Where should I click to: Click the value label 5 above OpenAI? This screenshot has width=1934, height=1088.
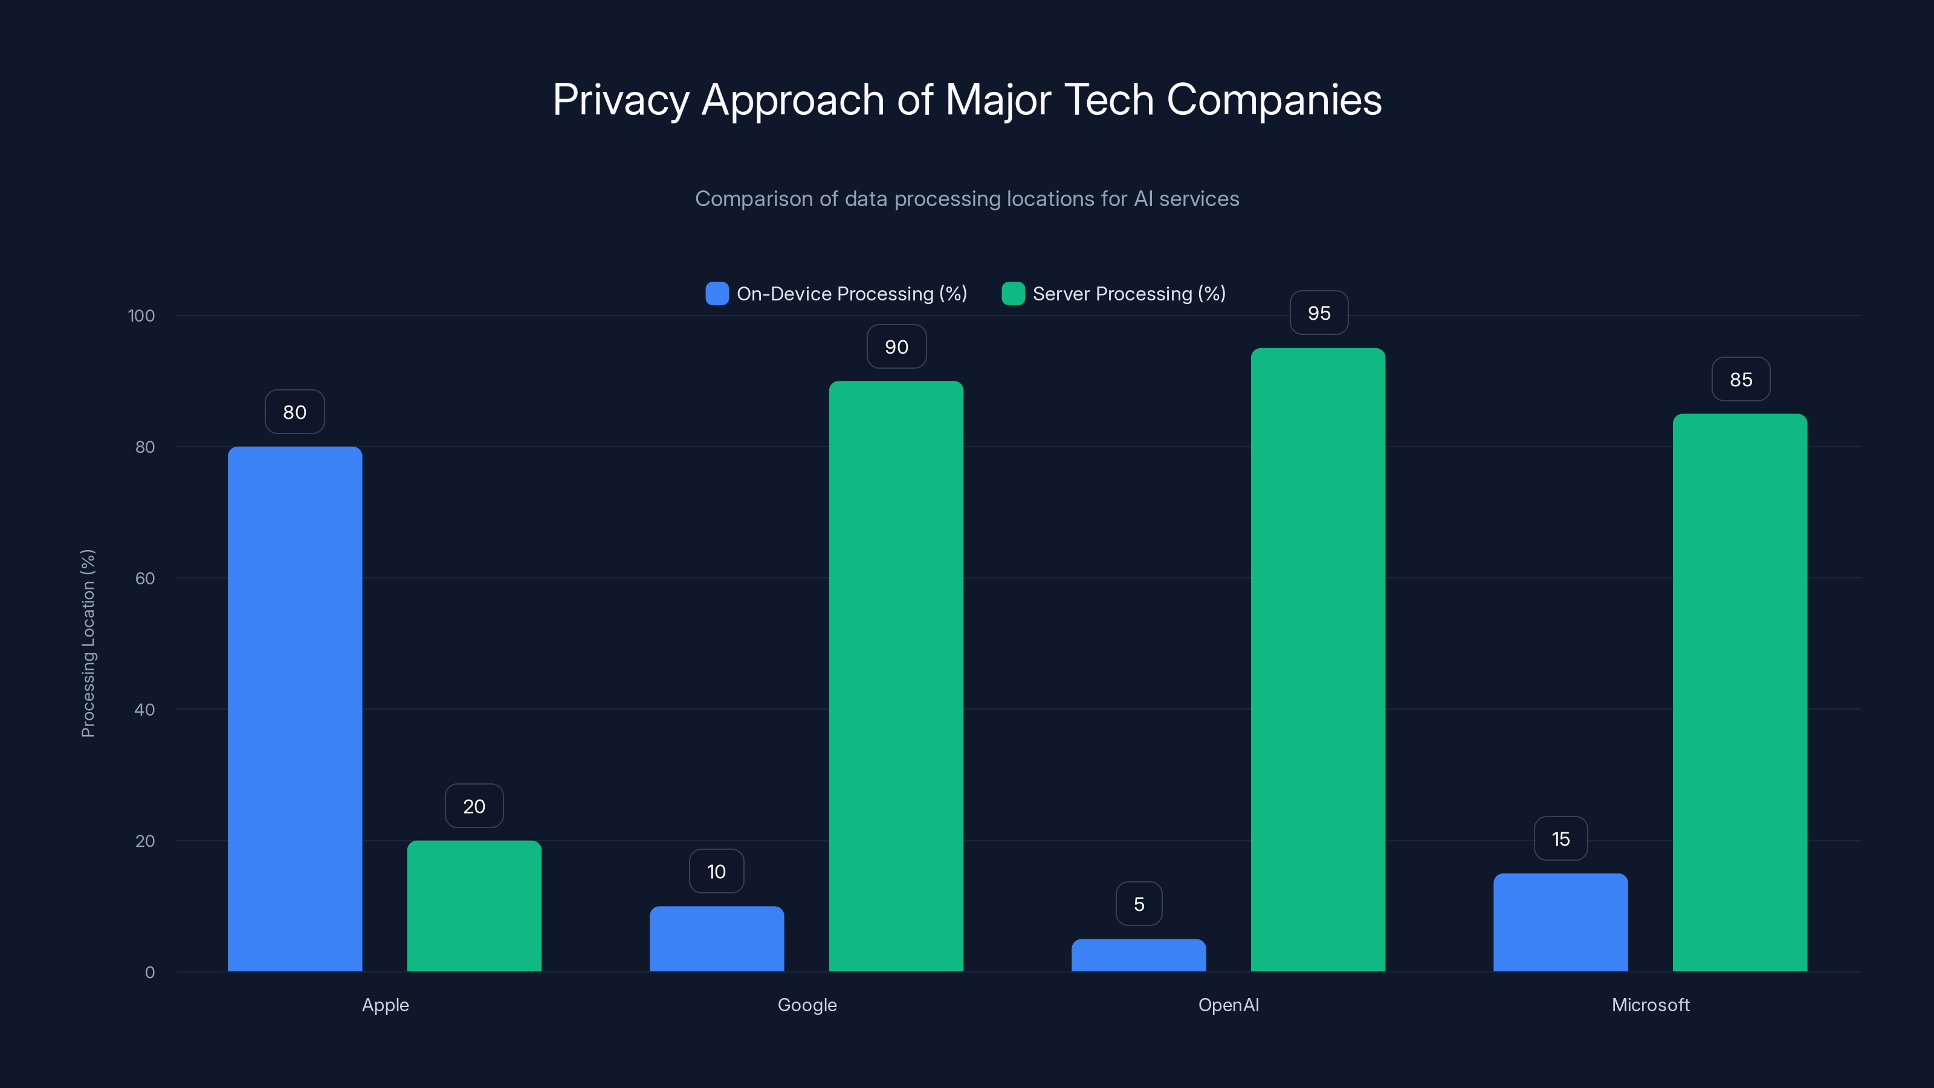[1138, 904]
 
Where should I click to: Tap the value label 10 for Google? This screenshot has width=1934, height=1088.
[716, 871]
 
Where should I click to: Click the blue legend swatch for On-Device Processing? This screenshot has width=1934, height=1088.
[717, 294]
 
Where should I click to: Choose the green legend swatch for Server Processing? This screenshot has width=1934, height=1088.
[1013, 294]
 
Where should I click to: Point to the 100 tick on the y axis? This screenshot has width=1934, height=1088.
[141, 316]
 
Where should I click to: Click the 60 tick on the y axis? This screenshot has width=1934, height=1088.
[145, 578]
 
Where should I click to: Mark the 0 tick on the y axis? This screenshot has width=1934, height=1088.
[149, 973]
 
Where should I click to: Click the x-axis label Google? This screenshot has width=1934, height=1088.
[807, 1005]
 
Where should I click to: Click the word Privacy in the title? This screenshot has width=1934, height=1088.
[620, 100]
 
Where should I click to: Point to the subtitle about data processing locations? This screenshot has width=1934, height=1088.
[967, 199]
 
